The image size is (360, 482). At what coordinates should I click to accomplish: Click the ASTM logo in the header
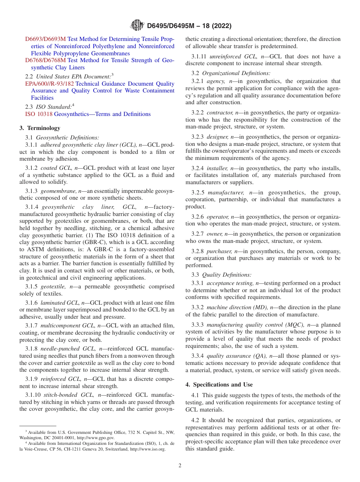click(137, 25)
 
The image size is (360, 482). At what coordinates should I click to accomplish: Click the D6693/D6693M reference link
click(45, 39)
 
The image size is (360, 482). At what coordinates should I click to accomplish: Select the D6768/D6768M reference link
click(45, 60)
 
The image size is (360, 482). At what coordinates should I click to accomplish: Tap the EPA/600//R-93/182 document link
click(50, 84)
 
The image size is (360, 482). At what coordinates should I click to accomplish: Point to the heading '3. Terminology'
click(40, 128)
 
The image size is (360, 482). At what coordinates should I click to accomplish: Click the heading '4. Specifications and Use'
click(219, 385)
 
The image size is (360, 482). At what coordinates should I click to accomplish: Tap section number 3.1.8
click(32, 348)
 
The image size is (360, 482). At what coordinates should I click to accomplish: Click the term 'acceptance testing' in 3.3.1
click(230, 283)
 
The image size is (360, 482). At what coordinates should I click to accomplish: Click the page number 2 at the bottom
click(180, 466)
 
